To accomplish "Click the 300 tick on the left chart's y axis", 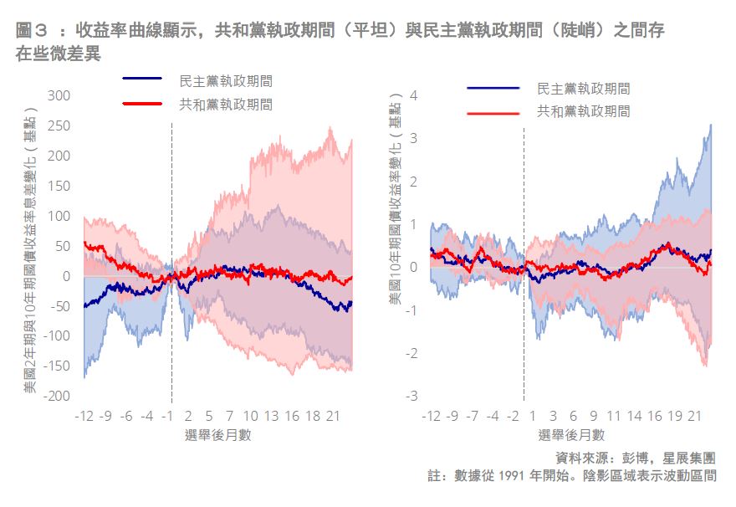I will pyautogui.click(x=59, y=95).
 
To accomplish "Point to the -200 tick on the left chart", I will pyautogui.click(x=57, y=396).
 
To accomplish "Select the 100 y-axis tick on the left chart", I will pyautogui.click(x=59, y=216).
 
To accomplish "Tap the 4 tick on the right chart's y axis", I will pyautogui.click(x=411, y=95).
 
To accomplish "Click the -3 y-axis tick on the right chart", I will pyautogui.click(x=410, y=396).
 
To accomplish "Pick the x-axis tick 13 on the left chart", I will pyautogui.click(x=271, y=416).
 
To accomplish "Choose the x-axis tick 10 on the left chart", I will pyautogui.click(x=250, y=416).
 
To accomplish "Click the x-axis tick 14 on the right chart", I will pyautogui.click(x=635, y=416).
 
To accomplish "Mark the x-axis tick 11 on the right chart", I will pyautogui.click(x=614, y=416).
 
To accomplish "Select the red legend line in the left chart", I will pyautogui.click(x=142, y=104).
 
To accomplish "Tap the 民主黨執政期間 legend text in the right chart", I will pyautogui.click(x=583, y=88).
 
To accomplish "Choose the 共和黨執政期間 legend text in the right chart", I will pyautogui.click(x=583, y=110).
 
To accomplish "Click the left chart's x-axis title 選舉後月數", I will pyautogui.click(x=218, y=435).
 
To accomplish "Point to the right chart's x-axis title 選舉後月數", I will pyautogui.click(x=572, y=435).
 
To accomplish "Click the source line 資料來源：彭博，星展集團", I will pyautogui.click(x=636, y=458).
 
